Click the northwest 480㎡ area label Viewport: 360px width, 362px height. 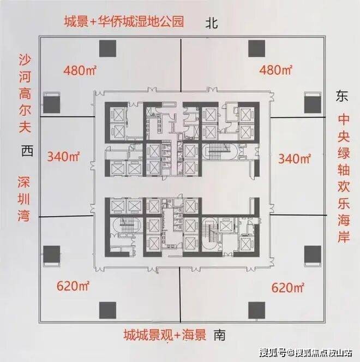tap(80, 70)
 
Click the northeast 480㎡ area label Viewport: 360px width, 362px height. tap(276, 69)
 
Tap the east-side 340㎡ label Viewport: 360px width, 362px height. tap(295, 158)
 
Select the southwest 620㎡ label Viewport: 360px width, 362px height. tap(73, 286)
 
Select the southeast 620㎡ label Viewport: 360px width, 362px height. tap(288, 288)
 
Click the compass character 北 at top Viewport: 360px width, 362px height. tap(212, 23)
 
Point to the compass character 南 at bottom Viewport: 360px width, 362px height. tap(219, 335)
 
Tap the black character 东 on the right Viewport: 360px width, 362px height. tap(342, 96)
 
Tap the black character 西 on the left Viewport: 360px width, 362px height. tap(27, 151)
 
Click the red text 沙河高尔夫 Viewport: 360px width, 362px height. tap(25, 93)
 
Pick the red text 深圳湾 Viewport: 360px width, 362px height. tap(24, 199)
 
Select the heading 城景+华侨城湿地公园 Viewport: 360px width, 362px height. tap(124, 21)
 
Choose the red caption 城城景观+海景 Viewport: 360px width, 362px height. tap(165, 335)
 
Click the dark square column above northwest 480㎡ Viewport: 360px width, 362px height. tap(107, 49)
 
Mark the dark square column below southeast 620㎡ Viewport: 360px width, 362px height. tap(257, 310)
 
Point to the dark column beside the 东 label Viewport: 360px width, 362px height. tap(313, 105)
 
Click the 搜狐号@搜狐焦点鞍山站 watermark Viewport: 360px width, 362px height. tap(306, 353)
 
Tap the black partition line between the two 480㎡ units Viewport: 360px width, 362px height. tap(181, 66)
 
